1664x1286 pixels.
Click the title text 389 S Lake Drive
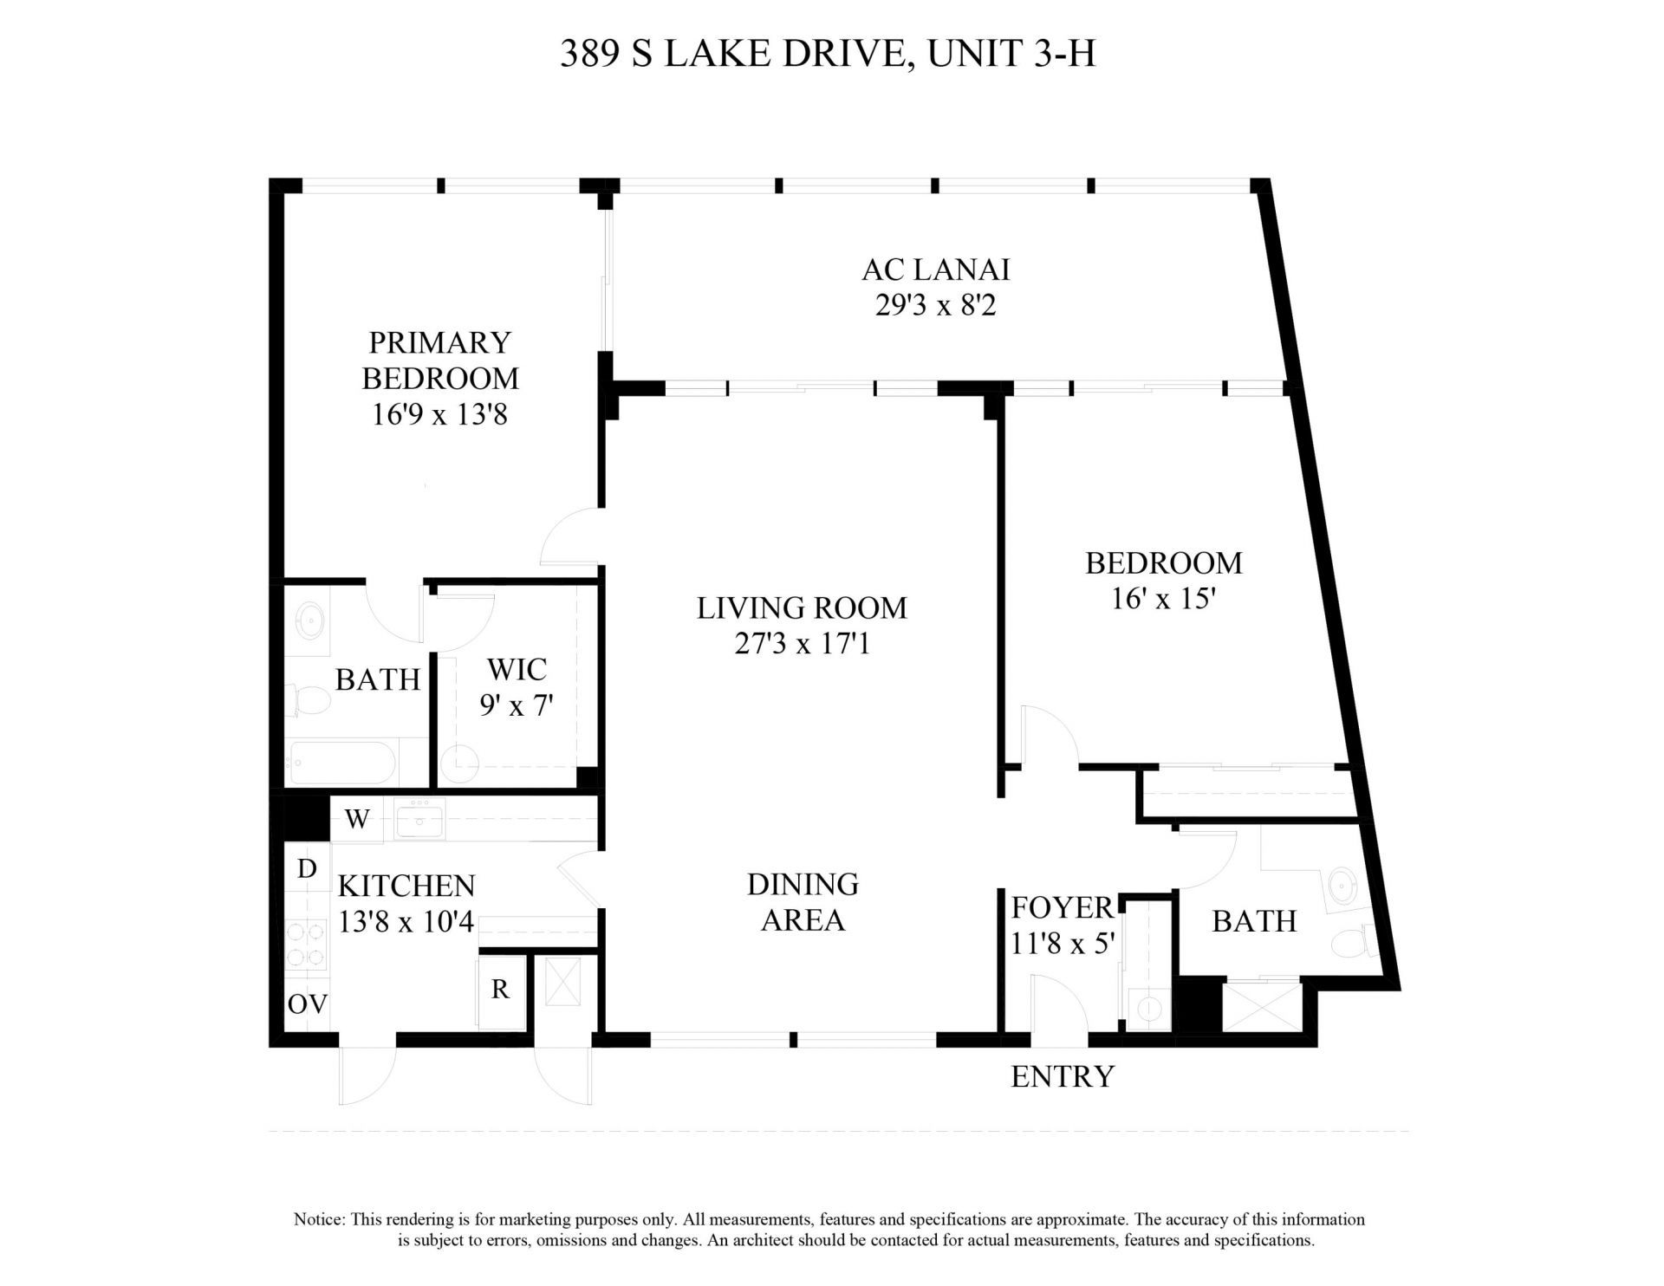coord(827,54)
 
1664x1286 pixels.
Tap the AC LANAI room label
coord(935,270)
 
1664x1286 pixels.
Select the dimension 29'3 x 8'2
coord(935,306)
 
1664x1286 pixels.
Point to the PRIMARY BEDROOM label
coord(439,360)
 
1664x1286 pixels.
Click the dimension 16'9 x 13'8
coord(439,415)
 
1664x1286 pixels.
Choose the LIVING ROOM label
coord(802,608)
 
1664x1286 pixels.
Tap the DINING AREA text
coord(803,902)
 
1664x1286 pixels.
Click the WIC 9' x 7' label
coord(517,687)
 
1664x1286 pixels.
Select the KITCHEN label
coord(406,886)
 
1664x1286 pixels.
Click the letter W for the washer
coord(357,820)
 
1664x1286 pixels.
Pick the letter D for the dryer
coord(307,869)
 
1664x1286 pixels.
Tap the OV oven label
coord(308,1004)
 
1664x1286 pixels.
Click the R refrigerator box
coord(500,990)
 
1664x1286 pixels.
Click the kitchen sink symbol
coord(420,820)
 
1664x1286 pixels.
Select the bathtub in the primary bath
coord(343,763)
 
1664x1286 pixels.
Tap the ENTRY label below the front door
coord(1062,1076)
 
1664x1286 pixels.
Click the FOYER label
coord(1062,908)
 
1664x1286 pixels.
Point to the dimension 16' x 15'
coord(1162,599)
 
